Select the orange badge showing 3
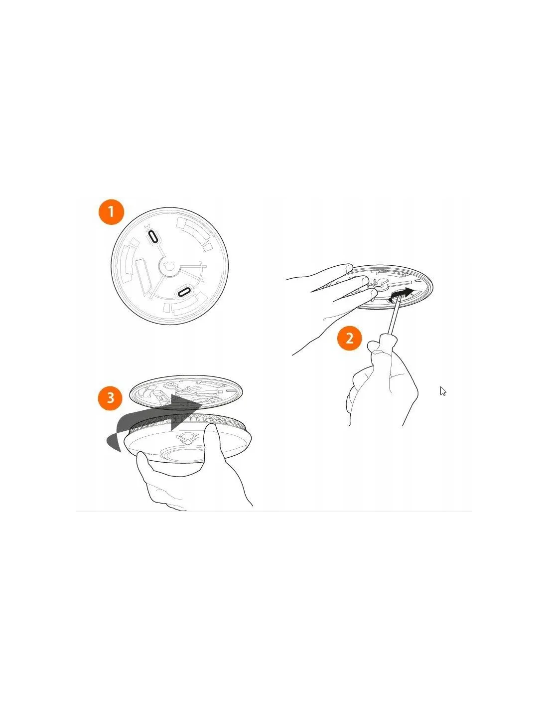point(111,398)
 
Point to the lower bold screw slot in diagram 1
point(185,292)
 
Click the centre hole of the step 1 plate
point(169,267)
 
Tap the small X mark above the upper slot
point(148,226)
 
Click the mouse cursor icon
point(443,391)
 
